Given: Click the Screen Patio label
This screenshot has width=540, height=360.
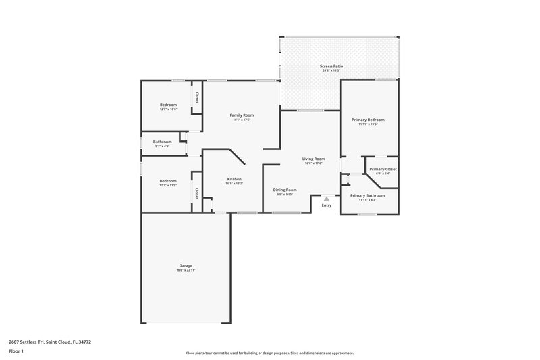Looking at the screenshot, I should (x=331, y=66).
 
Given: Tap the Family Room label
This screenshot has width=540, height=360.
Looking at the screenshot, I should (x=243, y=115).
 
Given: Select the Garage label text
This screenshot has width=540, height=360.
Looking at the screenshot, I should (x=186, y=265).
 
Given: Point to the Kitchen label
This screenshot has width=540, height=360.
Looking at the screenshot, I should (x=234, y=179).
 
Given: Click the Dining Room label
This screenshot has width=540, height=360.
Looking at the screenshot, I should (x=285, y=190).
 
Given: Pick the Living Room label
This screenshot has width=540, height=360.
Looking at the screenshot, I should (x=314, y=159).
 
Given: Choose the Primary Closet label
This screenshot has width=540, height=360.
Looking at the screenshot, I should (x=383, y=169).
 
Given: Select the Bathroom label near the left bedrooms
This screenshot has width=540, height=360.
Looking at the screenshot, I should (x=162, y=141).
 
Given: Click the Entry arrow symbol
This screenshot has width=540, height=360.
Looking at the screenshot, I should (x=327, y=199).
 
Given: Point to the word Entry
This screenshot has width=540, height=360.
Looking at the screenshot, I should (x=327, y=205).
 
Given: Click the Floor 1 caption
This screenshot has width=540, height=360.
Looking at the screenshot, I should (x=16, y=351).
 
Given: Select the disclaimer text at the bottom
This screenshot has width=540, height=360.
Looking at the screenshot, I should (x=269, y=353).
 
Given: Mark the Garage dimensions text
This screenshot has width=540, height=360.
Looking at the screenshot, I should (x=186, y=270).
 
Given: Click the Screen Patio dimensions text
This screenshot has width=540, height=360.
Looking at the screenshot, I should (x=331, y=70).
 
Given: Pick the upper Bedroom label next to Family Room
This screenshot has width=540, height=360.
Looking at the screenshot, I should (x=168, y=105).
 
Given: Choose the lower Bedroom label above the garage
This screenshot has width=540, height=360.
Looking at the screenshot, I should (x=168, y=180).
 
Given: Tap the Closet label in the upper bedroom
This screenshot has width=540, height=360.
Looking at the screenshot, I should (x=196, y=97).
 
